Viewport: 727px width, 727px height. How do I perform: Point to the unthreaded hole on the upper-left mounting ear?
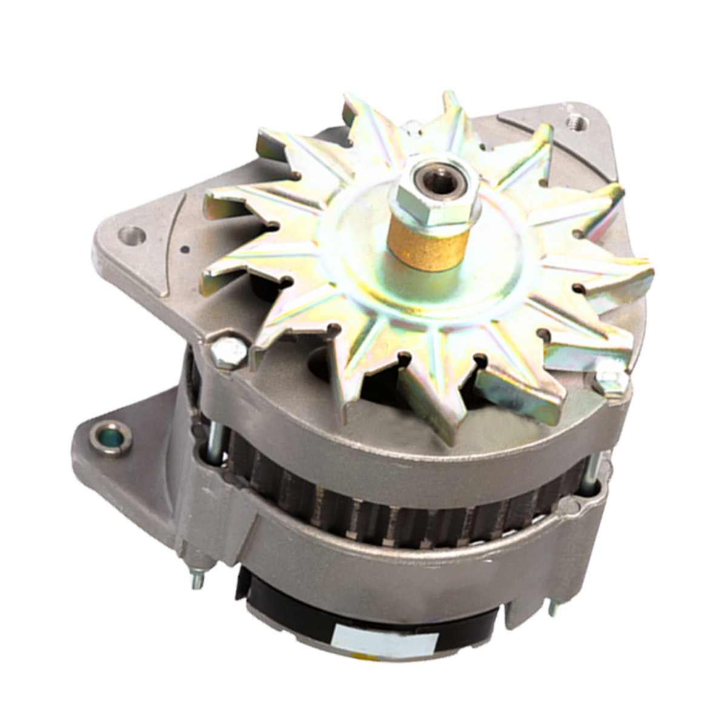pyautogui.click(x=131, y=234)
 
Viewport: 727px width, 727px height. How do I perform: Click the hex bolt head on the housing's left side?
pyautogui.click(x=228, y=351)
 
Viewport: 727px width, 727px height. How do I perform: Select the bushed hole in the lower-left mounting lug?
pyautogui.click(x=110, y=437)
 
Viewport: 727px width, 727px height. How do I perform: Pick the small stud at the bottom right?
pyautogui.click(x=553, y=606)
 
